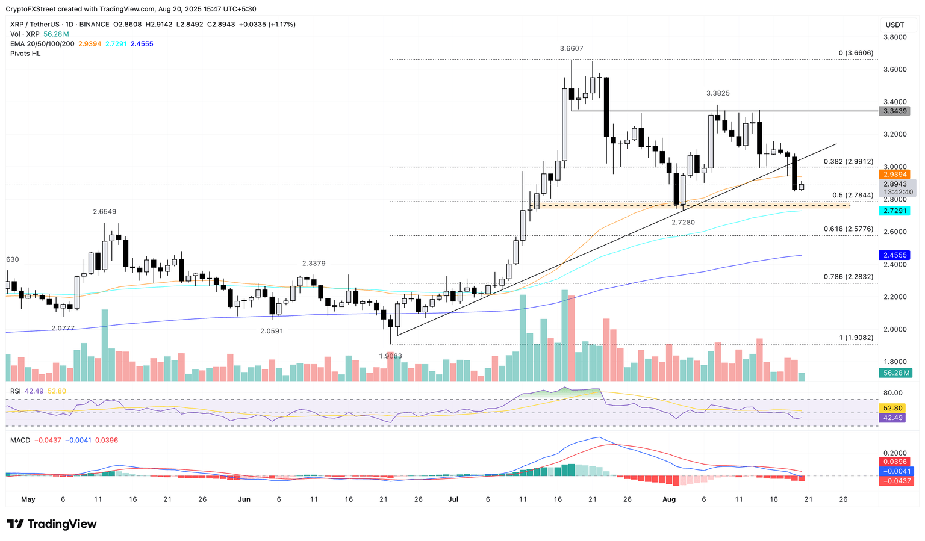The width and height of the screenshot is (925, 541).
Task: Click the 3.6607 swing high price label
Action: click(x=571, y=49)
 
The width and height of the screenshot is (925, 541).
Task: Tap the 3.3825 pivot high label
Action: click(x=718, y=94)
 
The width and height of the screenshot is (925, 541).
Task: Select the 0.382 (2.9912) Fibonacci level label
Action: click(x=848, y=162)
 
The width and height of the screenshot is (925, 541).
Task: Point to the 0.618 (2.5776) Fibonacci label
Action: click(x=848, y=229)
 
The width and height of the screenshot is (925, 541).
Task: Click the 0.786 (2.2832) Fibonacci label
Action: click(x=848, y=277)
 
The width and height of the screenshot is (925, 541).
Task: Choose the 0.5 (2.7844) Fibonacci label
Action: click(x=852, y=195)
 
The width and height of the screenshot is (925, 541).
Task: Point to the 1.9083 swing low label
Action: click(x=390, y=356)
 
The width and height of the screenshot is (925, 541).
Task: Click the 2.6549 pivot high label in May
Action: click(x=104, y=212)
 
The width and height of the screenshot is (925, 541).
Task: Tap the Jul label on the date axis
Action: click(x=453, y=499)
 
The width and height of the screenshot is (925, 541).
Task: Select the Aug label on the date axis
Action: click(x=668, y=499)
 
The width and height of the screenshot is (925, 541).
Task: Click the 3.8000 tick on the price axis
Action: click(x=894, y=37)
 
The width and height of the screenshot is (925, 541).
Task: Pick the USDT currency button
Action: click(x=895, y=25)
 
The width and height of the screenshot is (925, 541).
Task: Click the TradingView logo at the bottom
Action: click(x=52, y=524)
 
